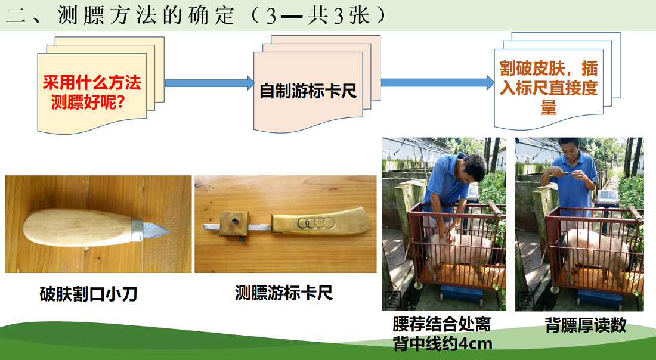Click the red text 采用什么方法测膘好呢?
[x=92, y=92]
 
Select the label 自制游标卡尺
[x=308, y=91]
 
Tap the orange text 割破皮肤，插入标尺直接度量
[x=549, y=88]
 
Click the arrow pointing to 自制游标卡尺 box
[x=209, y=83]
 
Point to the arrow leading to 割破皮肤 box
[x=437, y=82]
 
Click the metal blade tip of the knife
[x=168, y=230]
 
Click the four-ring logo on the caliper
[x=316, y=223]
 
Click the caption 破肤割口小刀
[x=88, y=294]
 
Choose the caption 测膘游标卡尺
[x=284, y=293]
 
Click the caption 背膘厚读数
[x=585, y=325]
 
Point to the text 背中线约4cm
[x=443, y=343]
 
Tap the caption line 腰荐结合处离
[x=441, y=324]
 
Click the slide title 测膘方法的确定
[x=146, y=15]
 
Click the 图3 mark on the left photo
[x=398, y=299]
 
